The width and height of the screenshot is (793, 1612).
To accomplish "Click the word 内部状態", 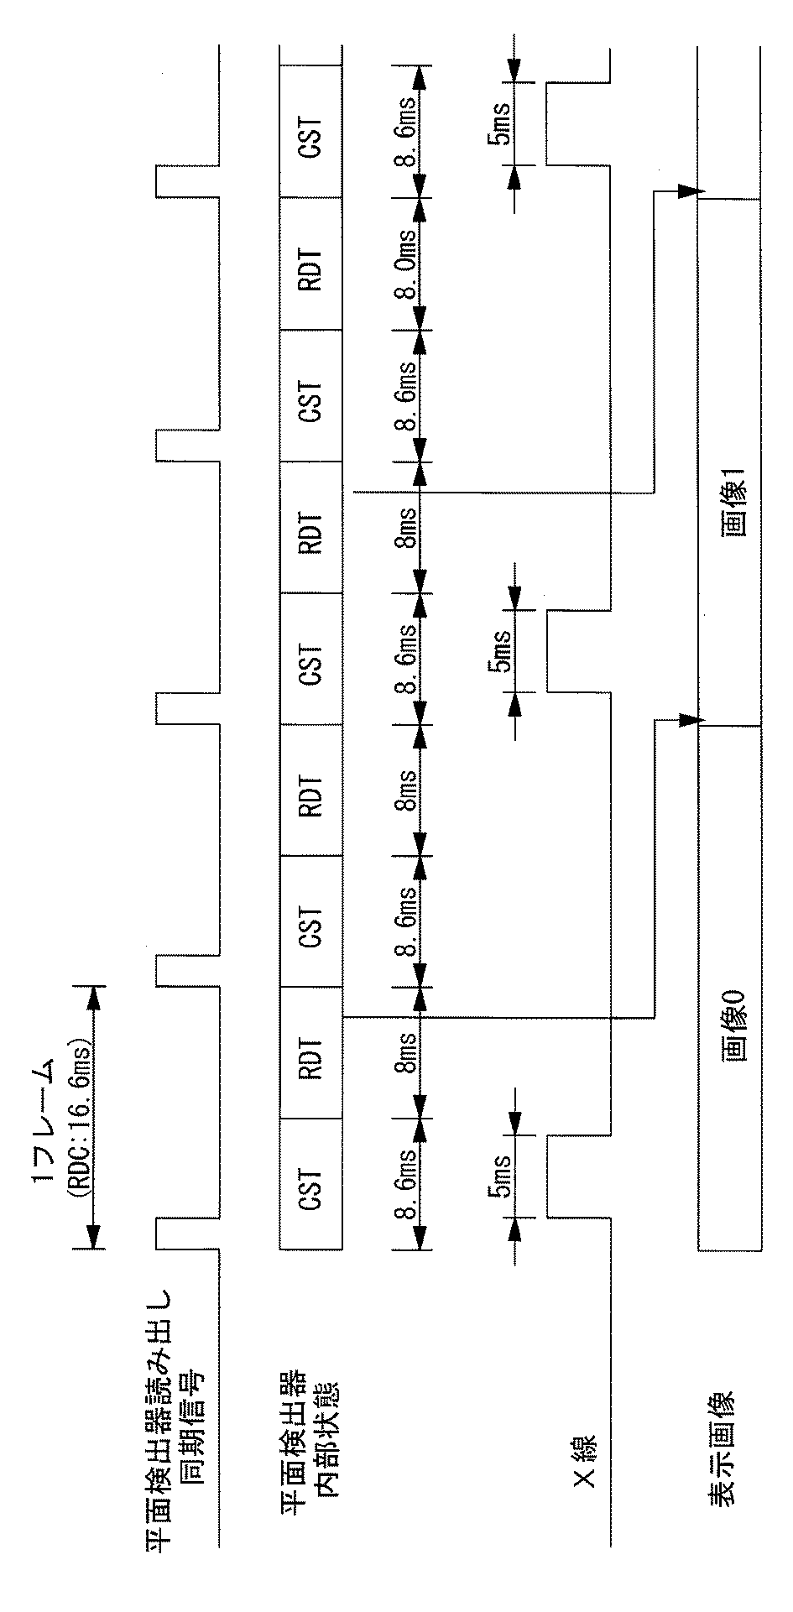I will coord(328,1417).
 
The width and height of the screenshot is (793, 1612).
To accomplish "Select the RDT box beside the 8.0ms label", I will coord(311,263).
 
